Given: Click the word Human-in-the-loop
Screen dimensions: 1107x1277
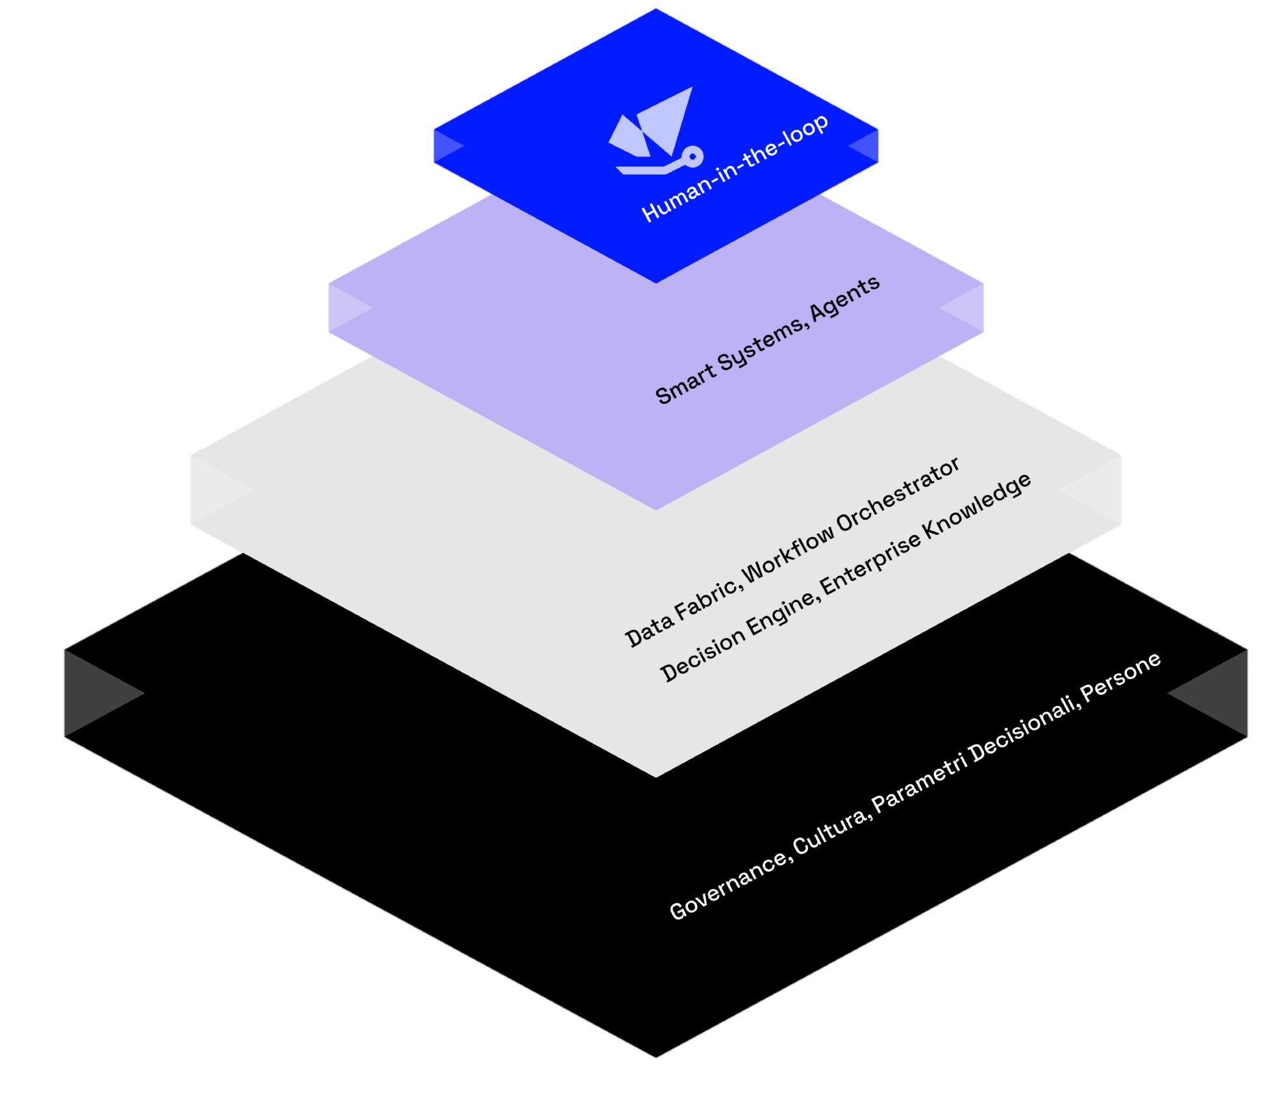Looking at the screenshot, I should (735, 168).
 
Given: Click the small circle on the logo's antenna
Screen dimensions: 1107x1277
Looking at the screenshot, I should (693, 156).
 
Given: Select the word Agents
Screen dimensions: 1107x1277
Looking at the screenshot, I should (844, 298).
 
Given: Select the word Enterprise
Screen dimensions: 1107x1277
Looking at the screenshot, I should (870, 564).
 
